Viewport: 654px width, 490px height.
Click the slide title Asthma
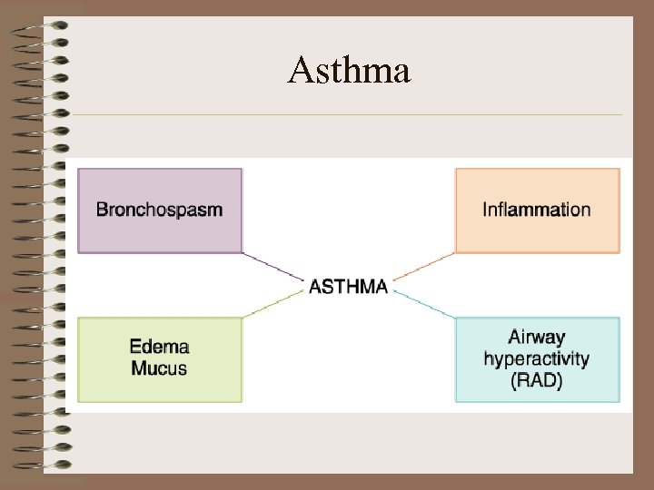[349, 70]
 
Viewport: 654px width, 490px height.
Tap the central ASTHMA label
[349, 287]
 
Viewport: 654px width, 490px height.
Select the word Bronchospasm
[159, 210]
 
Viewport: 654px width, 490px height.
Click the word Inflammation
[536, 210]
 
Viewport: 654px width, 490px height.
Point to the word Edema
[159, 346]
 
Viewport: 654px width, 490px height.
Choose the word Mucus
[159, 367]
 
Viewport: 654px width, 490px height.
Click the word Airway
[536, 338]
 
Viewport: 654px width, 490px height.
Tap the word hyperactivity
[536, 358]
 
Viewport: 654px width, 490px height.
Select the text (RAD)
[536, 380]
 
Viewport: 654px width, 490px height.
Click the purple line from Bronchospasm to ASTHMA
[272, 267]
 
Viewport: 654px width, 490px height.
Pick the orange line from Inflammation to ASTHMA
[425, 267]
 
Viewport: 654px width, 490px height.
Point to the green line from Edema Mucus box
[272, 305]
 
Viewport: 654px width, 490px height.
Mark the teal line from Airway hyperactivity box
[425, 305]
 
